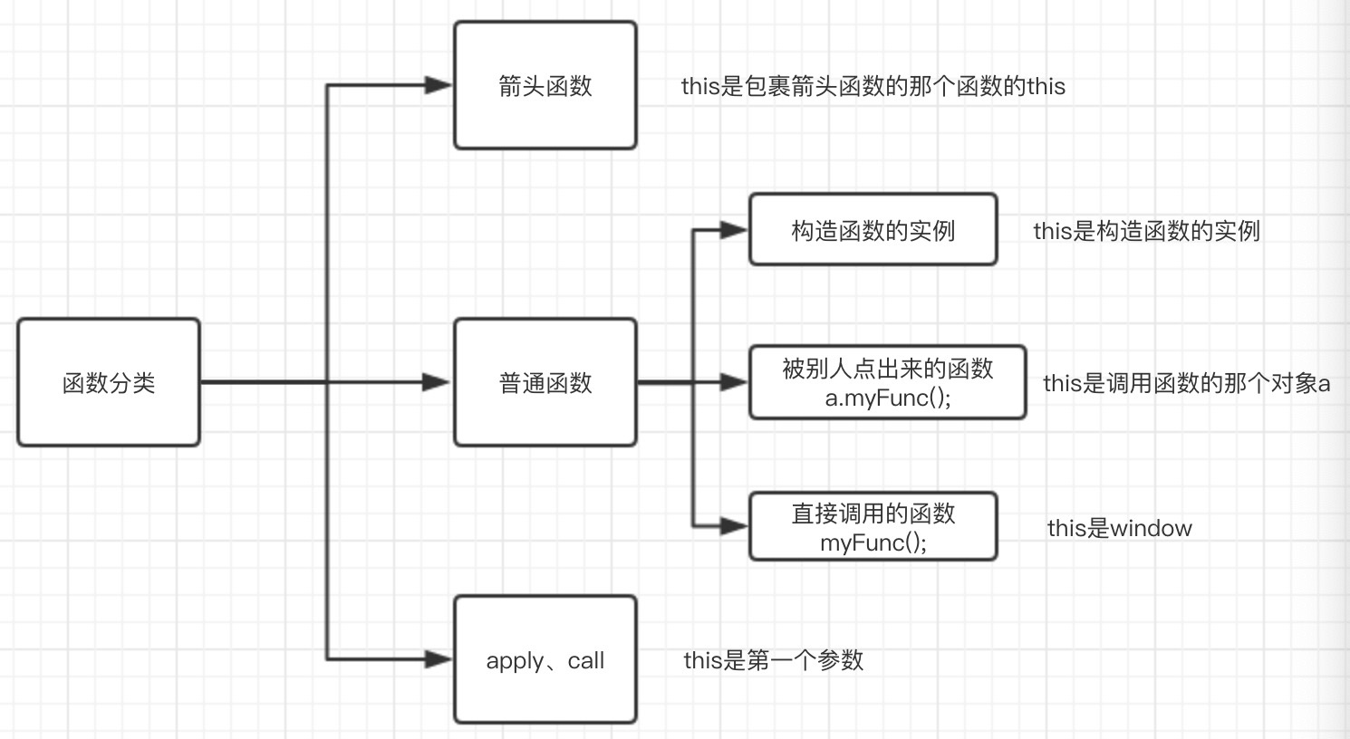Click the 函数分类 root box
109,382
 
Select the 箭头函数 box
545,85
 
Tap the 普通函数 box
545,382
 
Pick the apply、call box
545,659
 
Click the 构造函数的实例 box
873,230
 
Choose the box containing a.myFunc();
888,382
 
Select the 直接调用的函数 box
873,526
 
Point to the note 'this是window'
1120,528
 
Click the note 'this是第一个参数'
774,660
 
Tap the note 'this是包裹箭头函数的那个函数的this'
873,86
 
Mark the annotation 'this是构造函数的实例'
1147,231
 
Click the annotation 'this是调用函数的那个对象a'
1187,383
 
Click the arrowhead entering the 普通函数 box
439,382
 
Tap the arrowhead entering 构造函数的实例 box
735,230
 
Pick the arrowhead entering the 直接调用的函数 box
735,525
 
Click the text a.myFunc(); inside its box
888,398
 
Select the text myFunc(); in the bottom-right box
873,542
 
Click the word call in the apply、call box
586,660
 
